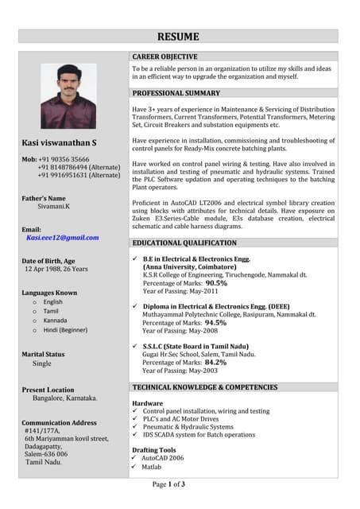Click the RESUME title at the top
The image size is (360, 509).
(x=178, y=37)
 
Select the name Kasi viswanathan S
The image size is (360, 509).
(x=60, y=143)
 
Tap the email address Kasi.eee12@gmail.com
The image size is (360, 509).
(x=63, y=237)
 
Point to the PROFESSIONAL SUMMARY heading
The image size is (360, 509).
(x=176, y=93)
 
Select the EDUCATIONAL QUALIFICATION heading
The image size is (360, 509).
(x=184, y=243)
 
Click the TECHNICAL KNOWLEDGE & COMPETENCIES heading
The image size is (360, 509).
(x=205, y=387)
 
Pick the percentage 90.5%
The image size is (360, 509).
(x=216, y=282)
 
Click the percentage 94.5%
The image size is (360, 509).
(x=216, y=323)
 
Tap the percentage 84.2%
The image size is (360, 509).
(x=216, y=362)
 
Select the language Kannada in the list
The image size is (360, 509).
(x=56, y=321)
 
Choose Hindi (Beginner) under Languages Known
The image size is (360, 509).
(x=65, y=329)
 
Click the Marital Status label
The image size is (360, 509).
(x=44, y=354)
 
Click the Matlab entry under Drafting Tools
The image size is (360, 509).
(x=152, y=467)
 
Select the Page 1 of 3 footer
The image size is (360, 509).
(x=168, y=484)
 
